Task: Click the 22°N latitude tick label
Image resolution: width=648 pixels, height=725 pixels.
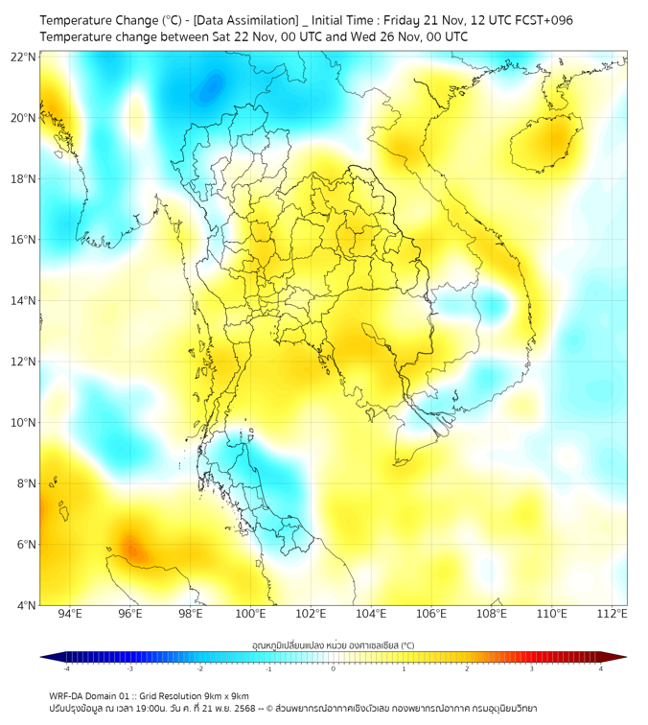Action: (24, 58)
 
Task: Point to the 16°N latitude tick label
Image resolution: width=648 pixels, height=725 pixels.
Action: (24, 240)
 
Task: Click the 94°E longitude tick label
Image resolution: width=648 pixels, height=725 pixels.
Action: (70, 614)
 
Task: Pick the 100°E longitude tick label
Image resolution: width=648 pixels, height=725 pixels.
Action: (250, 614)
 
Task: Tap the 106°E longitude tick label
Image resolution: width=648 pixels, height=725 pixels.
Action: (431, 614)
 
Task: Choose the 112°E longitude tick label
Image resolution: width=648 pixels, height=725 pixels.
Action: (612, 614)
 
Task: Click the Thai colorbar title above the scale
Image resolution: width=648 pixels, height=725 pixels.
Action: (333, 645)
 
